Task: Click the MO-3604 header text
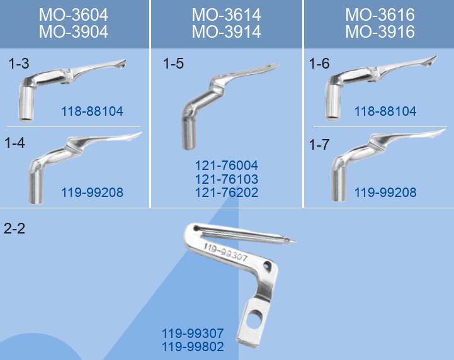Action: pyautogui.click(x=74, y=14)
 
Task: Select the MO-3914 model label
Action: pyautogui.click(x=226, y=32)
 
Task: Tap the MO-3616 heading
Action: pyautogui.click(x=380, y=14)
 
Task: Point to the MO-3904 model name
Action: pyautogui.click(x=74, y=32)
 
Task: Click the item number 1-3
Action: pyautogui.click(x=19, y=64)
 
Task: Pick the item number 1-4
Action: pyautogui.click(x=14, y=143)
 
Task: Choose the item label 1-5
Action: pyautogui.click(x=173, y=64)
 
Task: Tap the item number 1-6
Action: pyautogui.click(x=319, y=64)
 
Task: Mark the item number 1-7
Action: pyautogui.click(x=319, y=144)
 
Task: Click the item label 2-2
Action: pyautogui.click(x=14, y=228)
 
